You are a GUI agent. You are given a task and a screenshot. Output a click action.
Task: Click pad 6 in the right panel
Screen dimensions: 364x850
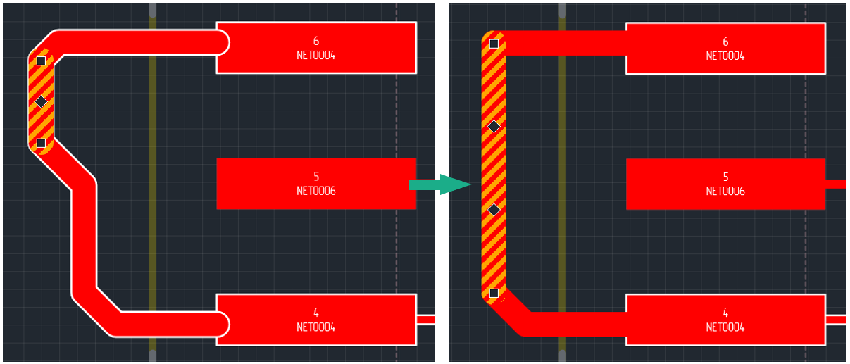click(x=725, y=49)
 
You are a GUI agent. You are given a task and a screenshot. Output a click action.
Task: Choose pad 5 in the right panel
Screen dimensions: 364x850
click(x=725, y=184)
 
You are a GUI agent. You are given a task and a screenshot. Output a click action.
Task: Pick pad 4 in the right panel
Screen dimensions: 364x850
click(x=725, y=320)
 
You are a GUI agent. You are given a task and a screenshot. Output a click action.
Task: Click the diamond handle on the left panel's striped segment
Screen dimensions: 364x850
click(x=41, y=102)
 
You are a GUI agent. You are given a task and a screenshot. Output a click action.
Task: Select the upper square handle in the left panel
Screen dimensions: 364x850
click(x=41, y=61)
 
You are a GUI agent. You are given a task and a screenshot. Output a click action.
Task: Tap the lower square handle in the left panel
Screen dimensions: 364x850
click(x=41, y=143)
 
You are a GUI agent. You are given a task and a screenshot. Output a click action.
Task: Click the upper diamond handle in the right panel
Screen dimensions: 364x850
click(x=494, y=127)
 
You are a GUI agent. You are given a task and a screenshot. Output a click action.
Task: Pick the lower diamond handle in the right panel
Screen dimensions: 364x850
click(x=494, y=209)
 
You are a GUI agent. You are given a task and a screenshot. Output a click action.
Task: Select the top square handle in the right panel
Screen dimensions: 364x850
click(x=494, y=44)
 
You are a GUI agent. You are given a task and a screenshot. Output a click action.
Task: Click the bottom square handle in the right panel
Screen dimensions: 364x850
click(x=494, y=293)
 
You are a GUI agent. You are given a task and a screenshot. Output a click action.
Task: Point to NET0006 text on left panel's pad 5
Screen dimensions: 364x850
click(x=315, y=191)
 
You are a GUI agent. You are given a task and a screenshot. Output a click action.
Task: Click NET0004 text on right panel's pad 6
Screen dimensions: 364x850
click(x=725, y=56)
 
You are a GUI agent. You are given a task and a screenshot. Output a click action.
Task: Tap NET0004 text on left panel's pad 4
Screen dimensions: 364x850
click(x=315, y=327)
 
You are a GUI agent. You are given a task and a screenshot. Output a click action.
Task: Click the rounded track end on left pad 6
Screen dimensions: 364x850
click(x=221, y=42)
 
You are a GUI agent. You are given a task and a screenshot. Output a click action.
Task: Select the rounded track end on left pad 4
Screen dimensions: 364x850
click(x=221, y=324)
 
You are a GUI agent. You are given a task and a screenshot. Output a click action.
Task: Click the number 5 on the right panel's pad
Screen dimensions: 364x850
click(x=725, y=177)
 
